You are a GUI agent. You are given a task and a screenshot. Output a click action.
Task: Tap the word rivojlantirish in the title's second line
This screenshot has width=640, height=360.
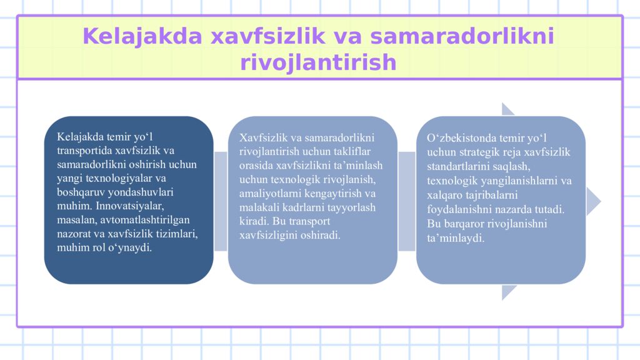pos(318,62)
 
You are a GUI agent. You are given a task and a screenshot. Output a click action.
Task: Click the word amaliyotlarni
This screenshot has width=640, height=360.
pos(269,193)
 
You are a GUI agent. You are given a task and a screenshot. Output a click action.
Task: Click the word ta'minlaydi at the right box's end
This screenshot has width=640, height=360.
pos(456,238)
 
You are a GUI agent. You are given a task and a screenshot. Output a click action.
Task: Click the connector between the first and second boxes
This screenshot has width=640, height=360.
pos(221,201)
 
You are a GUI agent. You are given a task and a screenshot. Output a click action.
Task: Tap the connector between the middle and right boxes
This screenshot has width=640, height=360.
pos(407,201)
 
